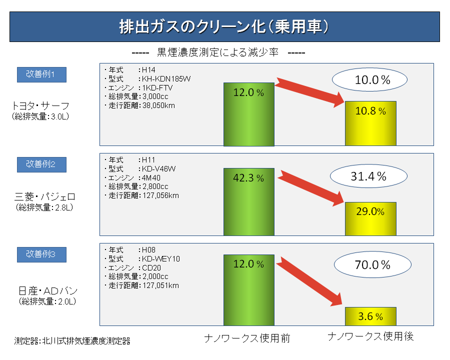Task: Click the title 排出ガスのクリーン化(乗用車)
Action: pyautogui.click(x=224, y=26)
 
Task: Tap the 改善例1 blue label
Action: pyautogui.click(x=41, y=74)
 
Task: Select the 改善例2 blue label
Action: pyautogui.click(x=41, y=164)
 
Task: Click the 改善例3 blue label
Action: pyautogui.click(x=41, y=254)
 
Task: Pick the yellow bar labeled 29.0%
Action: pyautogui.click(x=370, y=218)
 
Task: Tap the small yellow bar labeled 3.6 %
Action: pyautogui.click(x=370, y=316)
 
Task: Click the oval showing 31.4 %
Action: pyautogui.click(x=367, y=176)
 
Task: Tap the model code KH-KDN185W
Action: pyautogui.click(x=166, y=78)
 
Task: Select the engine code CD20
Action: pyautogui.click(x=152, y=267)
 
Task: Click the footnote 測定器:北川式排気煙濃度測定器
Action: pyautogui.click(x=72, y=341)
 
